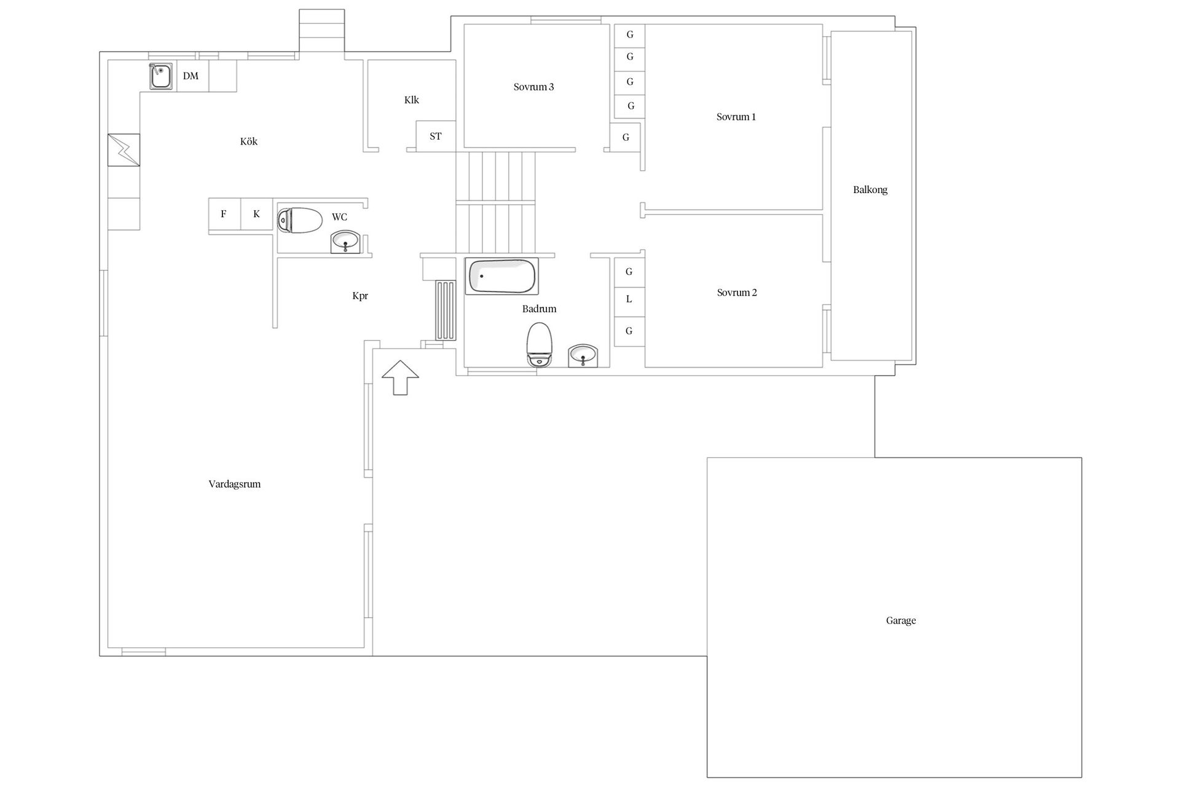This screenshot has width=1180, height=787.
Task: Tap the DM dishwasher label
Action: (191, 76)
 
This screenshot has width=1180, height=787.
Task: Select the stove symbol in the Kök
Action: (124, 150)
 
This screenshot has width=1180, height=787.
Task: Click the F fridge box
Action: (224, 214)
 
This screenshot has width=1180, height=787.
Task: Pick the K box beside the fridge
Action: (257, 214)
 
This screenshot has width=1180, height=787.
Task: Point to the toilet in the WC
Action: (300, 220)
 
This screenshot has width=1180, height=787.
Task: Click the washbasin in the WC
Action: (346, 242)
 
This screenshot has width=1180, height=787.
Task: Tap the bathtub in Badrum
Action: (502, 276)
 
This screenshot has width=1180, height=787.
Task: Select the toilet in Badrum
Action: (540, 344)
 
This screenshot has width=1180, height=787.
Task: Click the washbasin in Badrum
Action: (583, 356)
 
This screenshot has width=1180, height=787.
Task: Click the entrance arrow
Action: (400, 378)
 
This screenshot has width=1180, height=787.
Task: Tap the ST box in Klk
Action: (436, 136)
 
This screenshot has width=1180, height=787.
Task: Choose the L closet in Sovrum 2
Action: (629, 300)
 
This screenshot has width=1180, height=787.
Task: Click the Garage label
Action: (901, 621)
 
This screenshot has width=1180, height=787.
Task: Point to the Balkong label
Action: (870, 190)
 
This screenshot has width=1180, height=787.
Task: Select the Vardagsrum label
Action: (235, 484)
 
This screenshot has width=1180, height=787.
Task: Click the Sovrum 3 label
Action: (533, 87)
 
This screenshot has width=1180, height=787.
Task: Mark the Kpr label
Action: (360, 296)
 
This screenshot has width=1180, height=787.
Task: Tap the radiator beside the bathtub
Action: (446, 310)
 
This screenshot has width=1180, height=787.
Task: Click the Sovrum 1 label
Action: (736, 117)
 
